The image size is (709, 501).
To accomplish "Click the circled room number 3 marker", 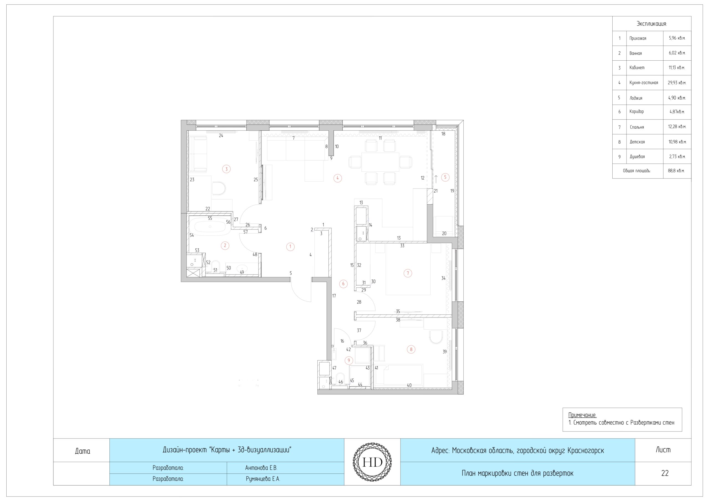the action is click(226, 169).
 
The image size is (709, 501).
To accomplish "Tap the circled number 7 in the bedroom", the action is click(408, 273).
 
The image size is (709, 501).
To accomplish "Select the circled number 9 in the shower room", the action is click(349, 360).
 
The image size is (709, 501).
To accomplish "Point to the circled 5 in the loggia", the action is click(445, 177).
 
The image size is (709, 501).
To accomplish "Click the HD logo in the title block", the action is click(372, 462).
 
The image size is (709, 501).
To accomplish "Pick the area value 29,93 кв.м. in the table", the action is click(677, 83).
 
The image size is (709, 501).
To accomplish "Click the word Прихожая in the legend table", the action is click(638, 38).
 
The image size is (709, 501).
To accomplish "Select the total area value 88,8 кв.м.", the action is click(676, 171).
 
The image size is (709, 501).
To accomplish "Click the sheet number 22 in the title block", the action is click(665, 473).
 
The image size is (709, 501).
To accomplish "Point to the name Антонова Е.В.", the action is click(261, 468).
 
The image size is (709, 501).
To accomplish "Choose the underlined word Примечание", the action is click(582, 415).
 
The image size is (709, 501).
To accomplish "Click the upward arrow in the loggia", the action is click(436, 179).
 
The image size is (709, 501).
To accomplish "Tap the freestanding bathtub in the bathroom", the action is click(210, 227).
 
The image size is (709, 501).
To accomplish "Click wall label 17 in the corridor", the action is click(334, 296).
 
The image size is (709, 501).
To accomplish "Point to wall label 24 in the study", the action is click(221, 135).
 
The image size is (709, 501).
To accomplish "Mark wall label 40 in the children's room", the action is click(409, 385).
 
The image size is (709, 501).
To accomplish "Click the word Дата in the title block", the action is click(83, 451).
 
